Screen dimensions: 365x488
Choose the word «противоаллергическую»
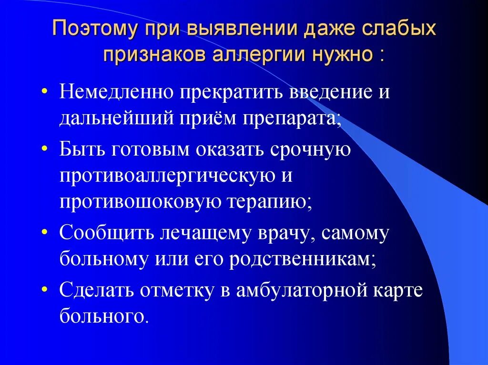167,176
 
